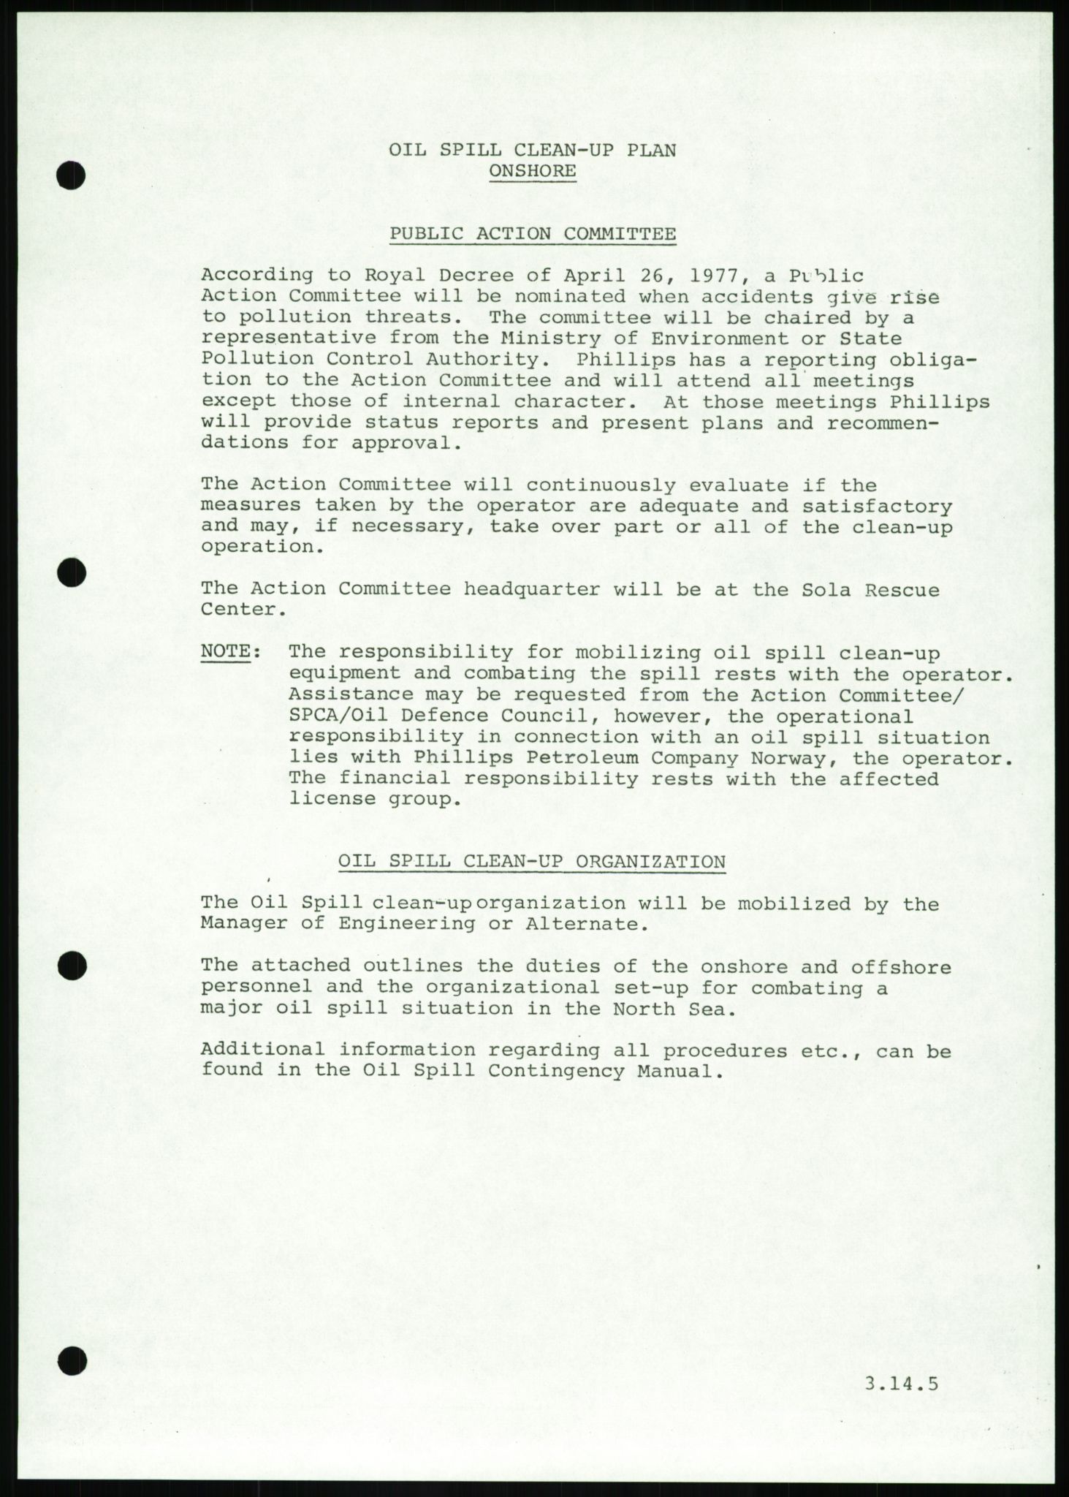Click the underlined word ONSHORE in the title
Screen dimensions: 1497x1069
click(x=533, y=171)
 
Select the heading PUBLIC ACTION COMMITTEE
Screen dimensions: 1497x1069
click(x=533, y=234)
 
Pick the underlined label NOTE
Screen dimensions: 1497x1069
click(x=226, y=651)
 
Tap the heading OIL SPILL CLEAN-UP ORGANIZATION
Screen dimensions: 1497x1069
click(x=532, y=862)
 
